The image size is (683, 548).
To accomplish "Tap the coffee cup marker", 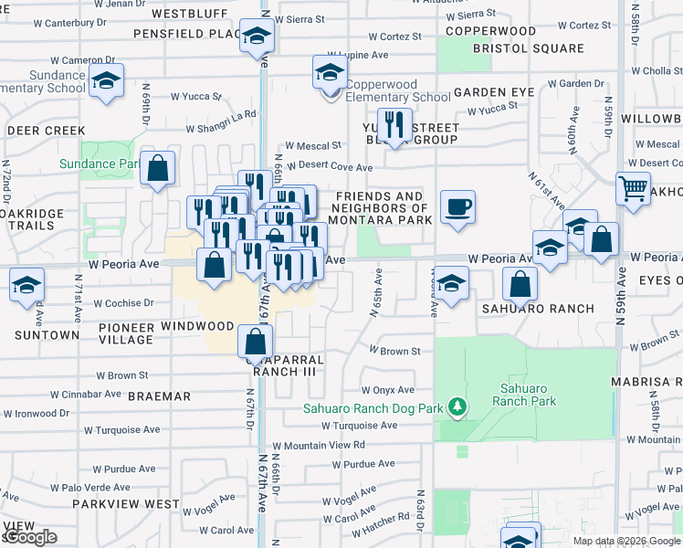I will click(457, 205).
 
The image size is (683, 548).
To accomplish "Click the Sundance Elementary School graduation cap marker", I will click(107, 80).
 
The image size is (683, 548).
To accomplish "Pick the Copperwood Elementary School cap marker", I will click(331, 72).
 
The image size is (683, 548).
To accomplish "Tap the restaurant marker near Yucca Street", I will click(394, 125).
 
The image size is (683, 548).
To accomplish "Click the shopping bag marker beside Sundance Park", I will click(158, 168).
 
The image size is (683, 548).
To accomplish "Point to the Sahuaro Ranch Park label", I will click(524, 395).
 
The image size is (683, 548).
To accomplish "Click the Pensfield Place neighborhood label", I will click(186, 34).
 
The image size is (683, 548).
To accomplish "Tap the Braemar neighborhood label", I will click(160, 397).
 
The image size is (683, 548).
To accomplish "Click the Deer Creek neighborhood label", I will click(46, 132).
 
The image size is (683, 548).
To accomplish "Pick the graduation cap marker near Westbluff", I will click(257, 37).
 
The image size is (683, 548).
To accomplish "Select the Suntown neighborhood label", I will click(40, 335).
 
